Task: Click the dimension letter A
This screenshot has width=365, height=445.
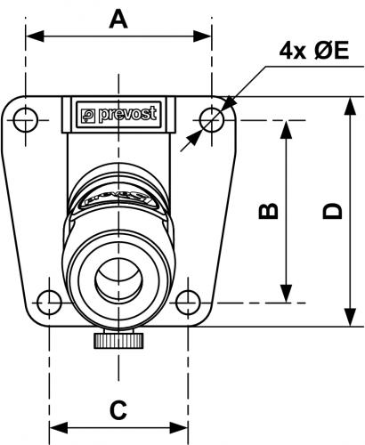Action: point(118,19)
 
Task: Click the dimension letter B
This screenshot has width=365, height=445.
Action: point(269,211)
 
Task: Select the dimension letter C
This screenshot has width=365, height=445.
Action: point(118,410)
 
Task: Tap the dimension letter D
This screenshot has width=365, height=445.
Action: point(333,211)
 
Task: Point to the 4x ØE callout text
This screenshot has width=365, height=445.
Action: point(314,51)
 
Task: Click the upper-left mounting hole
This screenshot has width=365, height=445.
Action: point(26,120)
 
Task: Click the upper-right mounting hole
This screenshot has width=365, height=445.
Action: point(212,120)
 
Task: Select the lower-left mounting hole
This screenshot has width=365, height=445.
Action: point(49,303)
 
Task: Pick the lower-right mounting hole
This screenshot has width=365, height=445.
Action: point(188,303)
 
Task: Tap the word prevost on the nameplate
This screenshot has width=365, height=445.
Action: point(127,114)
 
